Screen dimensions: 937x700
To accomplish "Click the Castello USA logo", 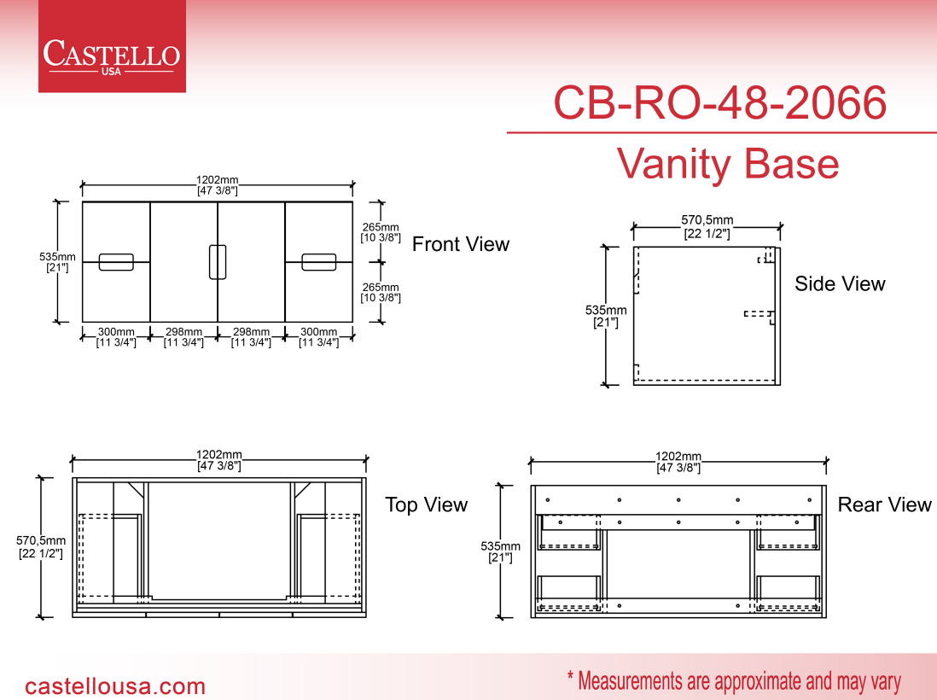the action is point(112,47).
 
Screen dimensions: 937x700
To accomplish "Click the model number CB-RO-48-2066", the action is point(720,102).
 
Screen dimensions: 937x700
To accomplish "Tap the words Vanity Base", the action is point(728,164).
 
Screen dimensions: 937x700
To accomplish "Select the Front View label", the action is point(461,244).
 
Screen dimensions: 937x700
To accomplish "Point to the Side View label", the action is point(840,283).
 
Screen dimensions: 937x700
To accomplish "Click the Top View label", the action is point(426,505).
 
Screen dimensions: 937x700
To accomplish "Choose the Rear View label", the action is point(884,505).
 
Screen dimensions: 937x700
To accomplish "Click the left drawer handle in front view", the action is point(116,262).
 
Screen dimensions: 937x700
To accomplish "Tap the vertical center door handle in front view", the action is point(218,262).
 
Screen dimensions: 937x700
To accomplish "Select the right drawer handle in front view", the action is point(318,262).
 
